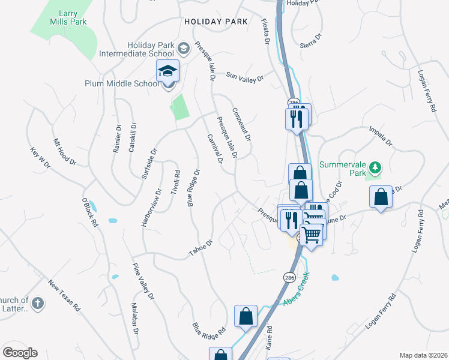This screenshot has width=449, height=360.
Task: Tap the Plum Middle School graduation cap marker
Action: (167, 71)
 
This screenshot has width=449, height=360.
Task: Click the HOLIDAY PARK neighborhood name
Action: (216, 22)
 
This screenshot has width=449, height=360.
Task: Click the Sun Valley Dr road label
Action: (245, 77)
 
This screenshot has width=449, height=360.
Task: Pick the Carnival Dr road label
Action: (214, 149)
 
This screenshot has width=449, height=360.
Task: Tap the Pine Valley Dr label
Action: (143, 281)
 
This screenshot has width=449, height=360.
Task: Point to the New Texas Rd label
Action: (64, 296)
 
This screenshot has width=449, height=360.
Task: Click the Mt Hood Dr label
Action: (65, 152)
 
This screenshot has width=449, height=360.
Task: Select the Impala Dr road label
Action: (381, 136)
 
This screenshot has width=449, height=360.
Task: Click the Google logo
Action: (20, 353)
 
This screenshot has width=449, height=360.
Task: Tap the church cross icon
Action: (37, 303)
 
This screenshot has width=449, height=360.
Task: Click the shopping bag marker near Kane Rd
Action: (246, 316)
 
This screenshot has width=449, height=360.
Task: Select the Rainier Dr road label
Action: (117, 139)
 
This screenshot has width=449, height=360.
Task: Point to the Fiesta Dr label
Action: (265, 31)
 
